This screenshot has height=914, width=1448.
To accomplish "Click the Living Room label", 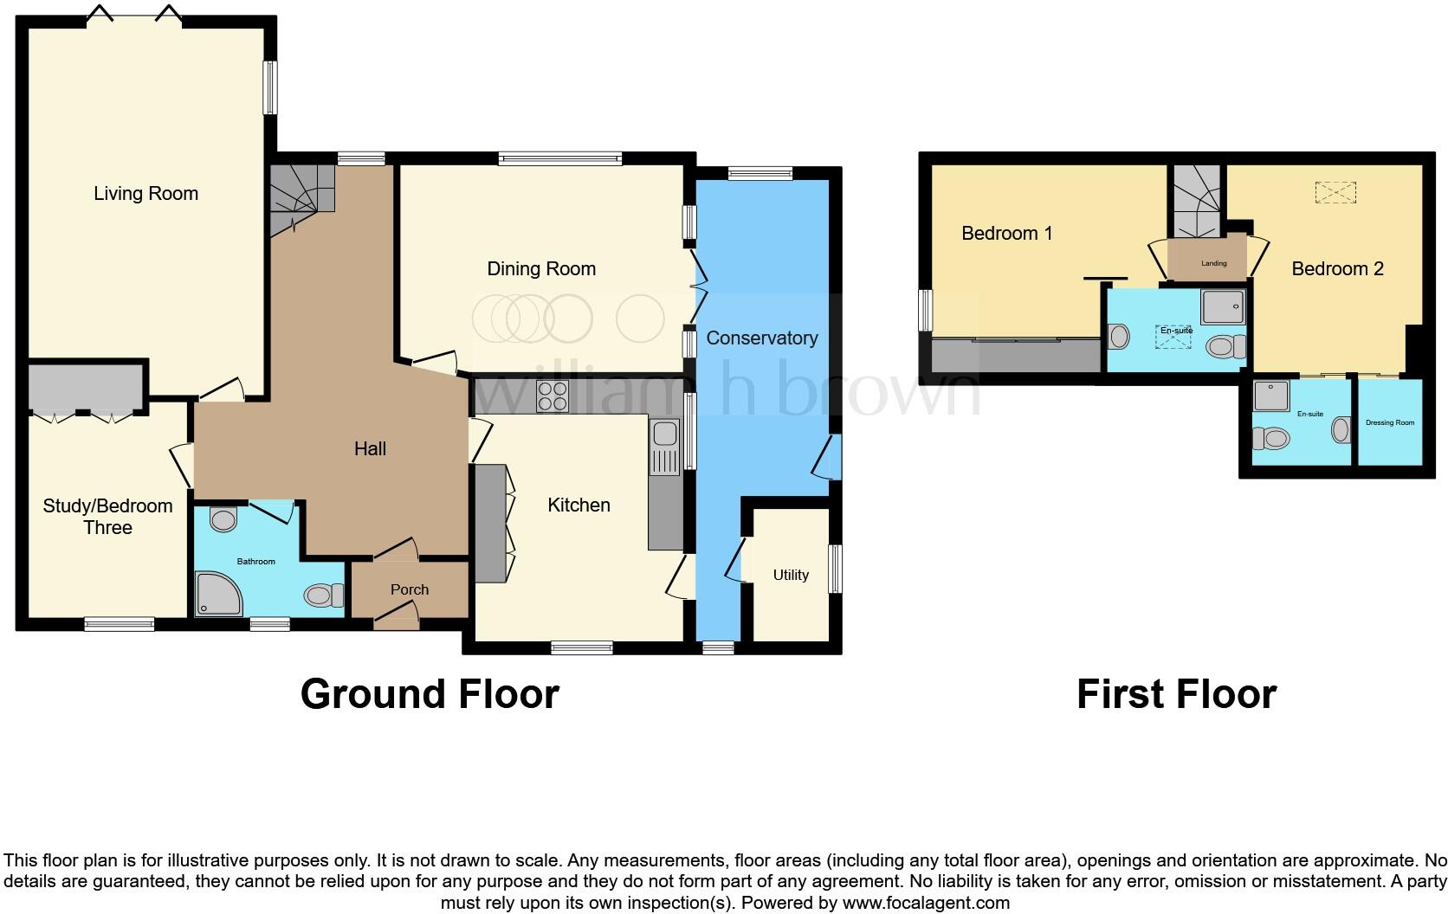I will click(145, 194).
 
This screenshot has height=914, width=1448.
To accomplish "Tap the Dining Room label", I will click(541, 269).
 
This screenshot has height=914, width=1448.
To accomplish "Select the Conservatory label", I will click(761, 338).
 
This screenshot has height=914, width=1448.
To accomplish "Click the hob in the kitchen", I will click(552, 396).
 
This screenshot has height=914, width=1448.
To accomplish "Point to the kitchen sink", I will click(665, 447).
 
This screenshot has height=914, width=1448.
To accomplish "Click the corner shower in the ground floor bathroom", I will click(217, 592).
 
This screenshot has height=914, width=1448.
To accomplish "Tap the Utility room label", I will click(791, 575).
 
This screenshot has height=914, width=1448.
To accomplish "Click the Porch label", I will click(410, 589).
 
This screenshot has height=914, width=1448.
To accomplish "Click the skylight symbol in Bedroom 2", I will click(1335, 192).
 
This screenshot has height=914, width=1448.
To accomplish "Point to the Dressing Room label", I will click(1389, 422).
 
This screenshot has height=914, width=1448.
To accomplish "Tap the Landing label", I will click(1213, 263).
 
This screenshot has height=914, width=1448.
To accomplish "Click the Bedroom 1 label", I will click(1007, 233).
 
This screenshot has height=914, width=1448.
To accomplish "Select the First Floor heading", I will click(1176, 694).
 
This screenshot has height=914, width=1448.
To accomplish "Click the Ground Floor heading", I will click(430, 694).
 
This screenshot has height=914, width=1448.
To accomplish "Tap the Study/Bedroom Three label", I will click(107, 517).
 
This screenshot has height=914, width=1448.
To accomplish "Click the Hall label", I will click(370, 448).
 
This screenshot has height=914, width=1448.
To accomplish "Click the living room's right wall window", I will click(271, 87).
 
